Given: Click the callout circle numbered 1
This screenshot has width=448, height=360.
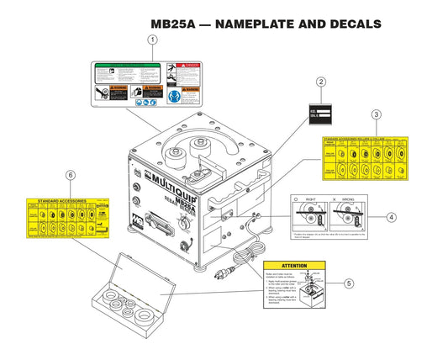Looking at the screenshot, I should point(152,40).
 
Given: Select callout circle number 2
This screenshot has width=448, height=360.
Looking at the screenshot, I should point(320,82).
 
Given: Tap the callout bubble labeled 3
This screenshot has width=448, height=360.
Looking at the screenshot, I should point(377,114).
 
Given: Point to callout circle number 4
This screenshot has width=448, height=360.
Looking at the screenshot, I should point(391,216).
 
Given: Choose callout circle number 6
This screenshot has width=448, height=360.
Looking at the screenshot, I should point(71,174).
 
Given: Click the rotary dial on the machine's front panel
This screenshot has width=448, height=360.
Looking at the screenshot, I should point(178,225).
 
